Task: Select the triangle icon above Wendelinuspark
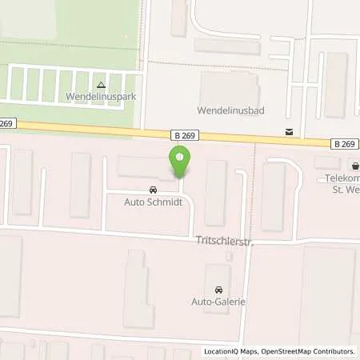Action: pos(100,84)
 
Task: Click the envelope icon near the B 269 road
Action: pos(288,130)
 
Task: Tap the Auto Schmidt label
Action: pos(151,203)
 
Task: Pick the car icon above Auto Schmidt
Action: pos(152,191)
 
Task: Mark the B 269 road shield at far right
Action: pos(344,143)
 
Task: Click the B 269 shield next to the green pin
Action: pos(183,135)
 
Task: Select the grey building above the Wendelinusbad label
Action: pos(229,86)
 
